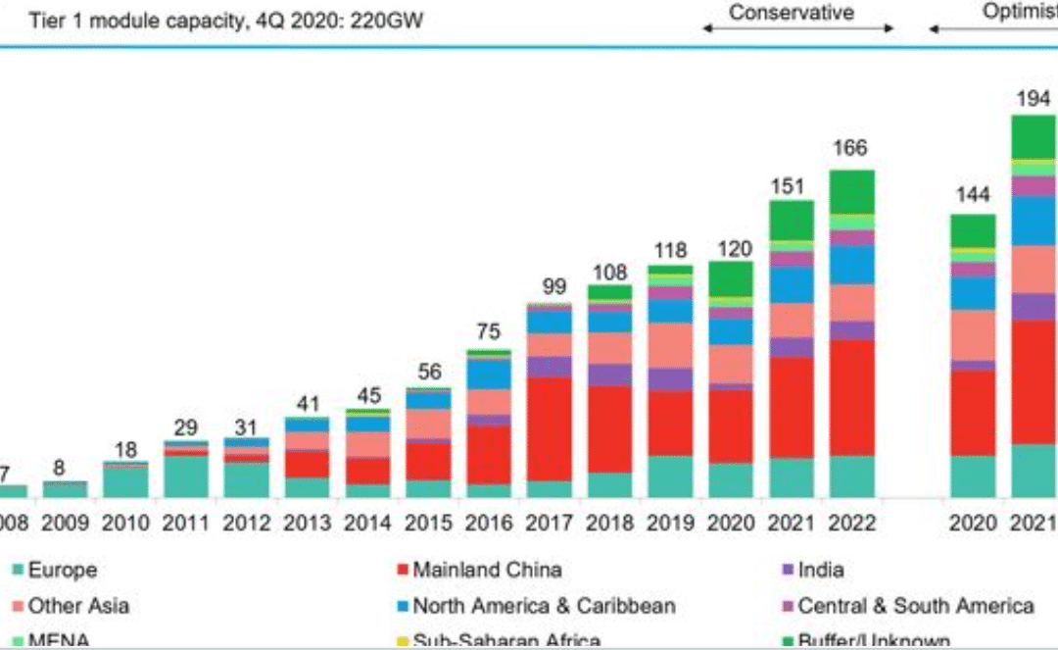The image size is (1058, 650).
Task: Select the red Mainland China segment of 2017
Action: click(549, 428)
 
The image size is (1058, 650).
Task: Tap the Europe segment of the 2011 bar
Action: click(186, 476)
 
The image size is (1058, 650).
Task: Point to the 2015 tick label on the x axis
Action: click(428, 523)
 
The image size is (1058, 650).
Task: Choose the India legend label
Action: click(821, 570)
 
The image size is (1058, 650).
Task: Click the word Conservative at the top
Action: click(792, 13)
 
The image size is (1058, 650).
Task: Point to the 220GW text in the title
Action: click(389, 20)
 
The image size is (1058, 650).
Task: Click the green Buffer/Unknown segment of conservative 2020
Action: click(730, 278)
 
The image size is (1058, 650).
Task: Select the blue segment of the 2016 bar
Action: click(488, 374)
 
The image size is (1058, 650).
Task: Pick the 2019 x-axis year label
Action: click(670, 523)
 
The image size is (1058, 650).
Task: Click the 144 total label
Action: click(972, 195)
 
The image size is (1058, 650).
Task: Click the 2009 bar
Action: click(65, 489)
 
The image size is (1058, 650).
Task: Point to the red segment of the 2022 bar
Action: click(851, 397)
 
